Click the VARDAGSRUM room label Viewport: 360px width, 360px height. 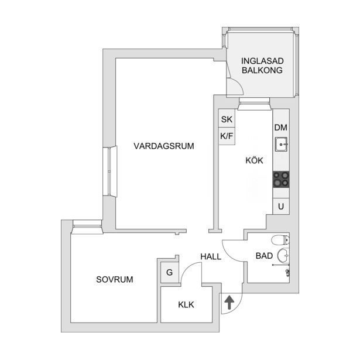pyautogui.click(x=164, y=146)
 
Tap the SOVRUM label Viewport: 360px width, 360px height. pyautogui.click(x=115, y=279)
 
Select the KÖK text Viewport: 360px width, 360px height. pyautogui.click(x=254, y=160)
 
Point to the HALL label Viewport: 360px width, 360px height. pyautogui.click(x=211, y=257)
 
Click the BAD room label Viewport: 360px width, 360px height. pyautogui.click(x=264, y=256)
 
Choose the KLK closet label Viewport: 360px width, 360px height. pyautogui.click(x=186, y=305)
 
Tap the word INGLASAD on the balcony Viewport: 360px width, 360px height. pyautogui.click(x=262, y=61)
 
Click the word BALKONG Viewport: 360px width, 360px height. pyautogui.click(x=262, y=70)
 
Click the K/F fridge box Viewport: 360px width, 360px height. pyautogui.click(x=227, y=136)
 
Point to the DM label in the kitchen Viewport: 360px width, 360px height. pyautogui.click(x=281, y=128)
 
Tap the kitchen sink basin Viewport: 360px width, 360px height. pyautogui.click(x=281, y=145)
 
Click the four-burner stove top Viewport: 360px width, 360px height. pyautogui.click(x=281, y=179)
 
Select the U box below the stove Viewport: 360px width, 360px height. pyautogui.click(x=281, y=207)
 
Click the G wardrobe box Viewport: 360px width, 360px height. pyautogui.click(x=169, y=273)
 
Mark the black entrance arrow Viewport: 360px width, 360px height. pyautogui.click(x=229, y=303)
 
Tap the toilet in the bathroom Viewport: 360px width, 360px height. pyautogui.click(x=280, y=240)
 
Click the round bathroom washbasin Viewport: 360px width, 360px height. pyautogui.click(x=283, y=255)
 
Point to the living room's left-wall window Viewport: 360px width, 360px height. pyautogui.click(x=109, y=172)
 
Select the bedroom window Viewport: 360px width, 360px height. pyautogui.click(x=87, y=227)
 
